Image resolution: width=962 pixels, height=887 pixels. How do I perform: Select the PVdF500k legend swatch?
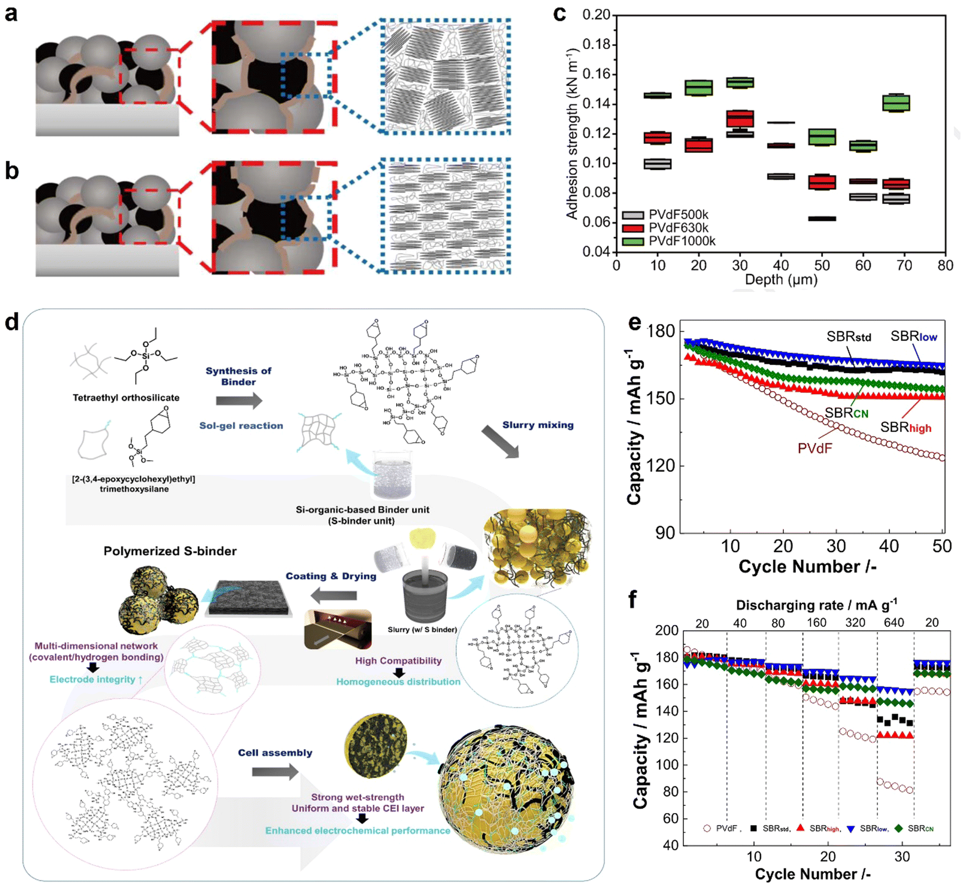(x=632, y=215)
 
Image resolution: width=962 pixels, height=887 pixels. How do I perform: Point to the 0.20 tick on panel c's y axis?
(x=596, y=15)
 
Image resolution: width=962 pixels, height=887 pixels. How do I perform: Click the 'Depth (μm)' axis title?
(x=781, y=280)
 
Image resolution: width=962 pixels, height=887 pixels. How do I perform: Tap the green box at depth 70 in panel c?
(x=896, y=103)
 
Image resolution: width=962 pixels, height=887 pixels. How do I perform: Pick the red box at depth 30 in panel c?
(x=740, y=119)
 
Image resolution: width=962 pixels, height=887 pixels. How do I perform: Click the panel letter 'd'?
(x=12, y=321)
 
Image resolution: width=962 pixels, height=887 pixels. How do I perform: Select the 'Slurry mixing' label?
(x=537, y=425)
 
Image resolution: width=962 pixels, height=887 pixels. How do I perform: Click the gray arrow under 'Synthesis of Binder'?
(x=239, y=400)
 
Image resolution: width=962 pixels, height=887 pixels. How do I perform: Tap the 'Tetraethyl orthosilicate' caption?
(x=126, y=398)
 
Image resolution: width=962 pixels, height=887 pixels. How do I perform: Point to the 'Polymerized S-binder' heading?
(x=170, y=551)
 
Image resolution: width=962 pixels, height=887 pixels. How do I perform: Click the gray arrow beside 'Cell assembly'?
(x=275, y=772)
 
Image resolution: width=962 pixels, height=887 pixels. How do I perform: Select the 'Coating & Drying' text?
(x=330, y=576)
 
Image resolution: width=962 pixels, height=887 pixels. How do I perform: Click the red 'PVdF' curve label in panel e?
(x=814, y=448)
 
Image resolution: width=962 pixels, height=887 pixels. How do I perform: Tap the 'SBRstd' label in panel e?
(x=848, y=336)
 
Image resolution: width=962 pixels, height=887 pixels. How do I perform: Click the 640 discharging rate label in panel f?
(x=894, y=623)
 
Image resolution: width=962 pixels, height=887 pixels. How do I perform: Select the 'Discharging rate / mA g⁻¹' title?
(x=816, y=605)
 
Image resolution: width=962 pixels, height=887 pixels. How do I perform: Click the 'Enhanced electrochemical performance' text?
(x=357, y=831)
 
